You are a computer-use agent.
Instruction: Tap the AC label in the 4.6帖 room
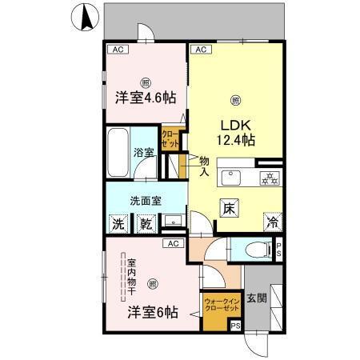[118, 50]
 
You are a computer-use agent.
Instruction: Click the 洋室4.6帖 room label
[146, 99]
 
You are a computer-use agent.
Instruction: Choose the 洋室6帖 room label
[152, 313]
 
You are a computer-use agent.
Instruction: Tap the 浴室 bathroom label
[144, 152]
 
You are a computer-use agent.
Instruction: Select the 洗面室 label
[146, 201]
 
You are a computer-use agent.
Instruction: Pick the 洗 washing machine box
[118, 225]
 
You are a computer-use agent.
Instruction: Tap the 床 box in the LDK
[229, 209]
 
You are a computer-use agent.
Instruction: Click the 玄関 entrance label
[257, 298]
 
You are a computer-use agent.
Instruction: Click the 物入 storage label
[203, 165]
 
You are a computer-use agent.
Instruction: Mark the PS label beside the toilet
[278, 249]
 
